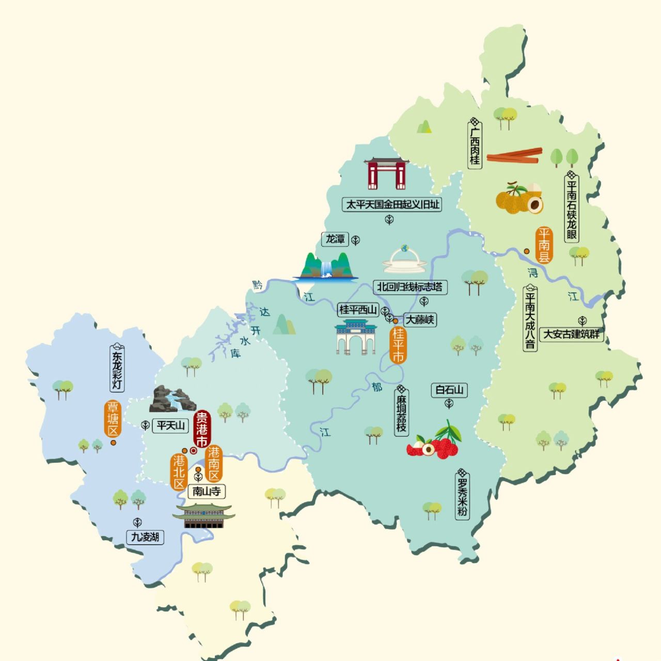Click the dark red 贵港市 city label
tap(201, 429)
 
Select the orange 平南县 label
tap(543, 245)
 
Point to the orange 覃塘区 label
tap(112, 419)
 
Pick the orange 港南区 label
tap(213, 463)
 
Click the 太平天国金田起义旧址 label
tap(392, 204)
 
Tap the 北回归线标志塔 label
tap(410, 287)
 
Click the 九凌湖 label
tap(145, 537)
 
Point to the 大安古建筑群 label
tap(572, 334)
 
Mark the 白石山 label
tap(449, 390)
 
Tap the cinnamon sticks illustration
tap(514, 155)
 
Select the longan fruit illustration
tap(519, 198)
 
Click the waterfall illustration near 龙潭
tap(326, 267)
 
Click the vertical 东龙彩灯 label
tap(117, 367)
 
